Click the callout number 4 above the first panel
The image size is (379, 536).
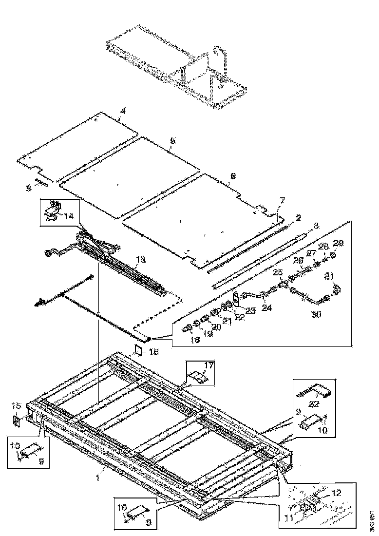coord(123,112)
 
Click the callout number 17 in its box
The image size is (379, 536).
coord(208,365)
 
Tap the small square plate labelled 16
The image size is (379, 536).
coord(138,351)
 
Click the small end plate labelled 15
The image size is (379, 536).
coord(16,420)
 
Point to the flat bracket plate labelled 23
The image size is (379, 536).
coord(235,297)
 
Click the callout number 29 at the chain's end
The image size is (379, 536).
coord(338,243)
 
